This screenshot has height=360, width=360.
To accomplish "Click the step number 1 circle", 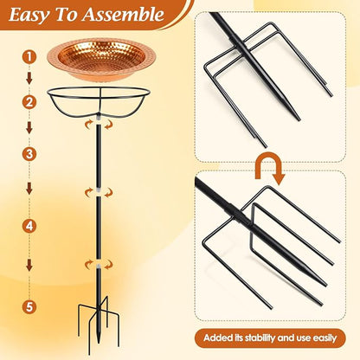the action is (29, 56).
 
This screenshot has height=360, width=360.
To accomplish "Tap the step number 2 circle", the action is (29, 102).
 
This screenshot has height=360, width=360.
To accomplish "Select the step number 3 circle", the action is (29, 154).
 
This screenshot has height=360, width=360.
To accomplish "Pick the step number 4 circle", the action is (29, 226).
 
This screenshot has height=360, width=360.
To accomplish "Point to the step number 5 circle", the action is (29, 306).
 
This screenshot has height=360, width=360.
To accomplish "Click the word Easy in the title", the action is (29, 15).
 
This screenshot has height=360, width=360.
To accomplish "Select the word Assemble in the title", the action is (124, 14).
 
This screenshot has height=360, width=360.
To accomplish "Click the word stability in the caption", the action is (259, 337).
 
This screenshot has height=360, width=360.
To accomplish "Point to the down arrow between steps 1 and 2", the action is (29, 78).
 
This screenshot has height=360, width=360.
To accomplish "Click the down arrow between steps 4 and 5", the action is (29, 266).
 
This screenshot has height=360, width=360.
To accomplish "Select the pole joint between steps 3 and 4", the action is (99, 192).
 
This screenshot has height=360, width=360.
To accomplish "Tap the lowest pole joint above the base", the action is (99, 265).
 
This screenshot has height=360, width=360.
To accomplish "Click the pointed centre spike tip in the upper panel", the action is (299, 119).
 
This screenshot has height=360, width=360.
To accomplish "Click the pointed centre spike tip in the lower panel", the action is (325, 285).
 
